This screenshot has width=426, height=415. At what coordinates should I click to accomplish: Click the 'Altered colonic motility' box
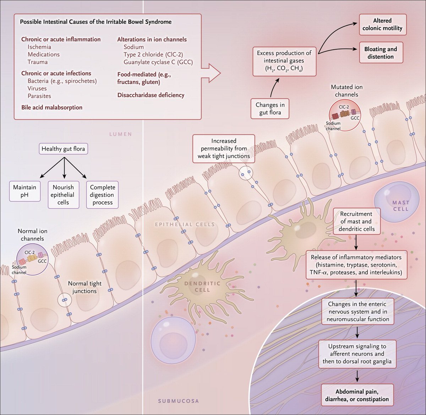(x=382, y=24)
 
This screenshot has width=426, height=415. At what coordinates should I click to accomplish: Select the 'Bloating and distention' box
(x=381, y=53)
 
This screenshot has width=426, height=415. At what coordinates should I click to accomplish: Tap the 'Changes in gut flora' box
(x=270, y=109)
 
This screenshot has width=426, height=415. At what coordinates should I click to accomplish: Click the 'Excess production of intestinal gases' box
(x=284, y=61)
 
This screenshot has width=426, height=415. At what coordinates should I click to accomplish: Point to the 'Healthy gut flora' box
(x=63, y=149)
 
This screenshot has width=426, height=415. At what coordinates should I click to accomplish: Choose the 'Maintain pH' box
(x=24, y=191)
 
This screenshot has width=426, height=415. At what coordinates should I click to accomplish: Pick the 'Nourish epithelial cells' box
(x=63, y=195)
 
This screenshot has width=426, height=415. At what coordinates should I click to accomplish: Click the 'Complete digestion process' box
(x=102, y=195)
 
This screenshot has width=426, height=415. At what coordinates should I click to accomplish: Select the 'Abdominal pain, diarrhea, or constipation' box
(x=357, y=395)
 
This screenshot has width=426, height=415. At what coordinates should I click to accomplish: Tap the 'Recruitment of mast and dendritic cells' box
(x=356, y=221)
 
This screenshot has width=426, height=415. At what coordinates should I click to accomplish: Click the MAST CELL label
(x=400, y=206)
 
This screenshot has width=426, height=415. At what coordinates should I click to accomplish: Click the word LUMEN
(x=120, y=134)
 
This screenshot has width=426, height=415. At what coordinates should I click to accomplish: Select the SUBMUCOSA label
(x=178, y=401)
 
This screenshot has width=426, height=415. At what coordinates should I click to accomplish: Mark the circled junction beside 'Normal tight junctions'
(x=65, y=300)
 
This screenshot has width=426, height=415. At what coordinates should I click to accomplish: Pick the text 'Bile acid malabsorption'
(x=52, y=107)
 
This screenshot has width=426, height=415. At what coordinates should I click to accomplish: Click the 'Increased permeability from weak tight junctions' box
(x=224, y=149)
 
